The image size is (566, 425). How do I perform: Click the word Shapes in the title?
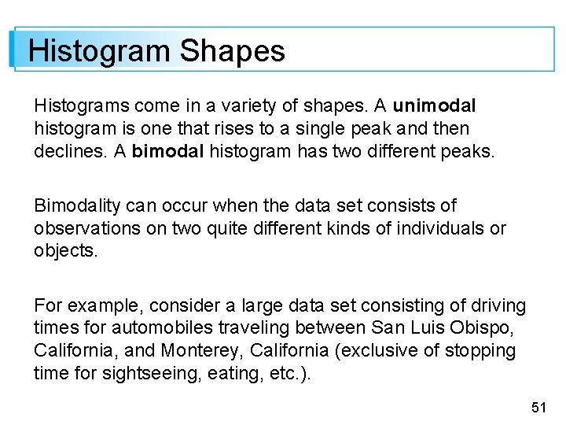click(232, 51)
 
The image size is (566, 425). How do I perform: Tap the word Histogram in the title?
click(99, 51)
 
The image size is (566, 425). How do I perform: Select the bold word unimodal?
click(435, 105)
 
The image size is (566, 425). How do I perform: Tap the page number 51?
click(538, 407)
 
